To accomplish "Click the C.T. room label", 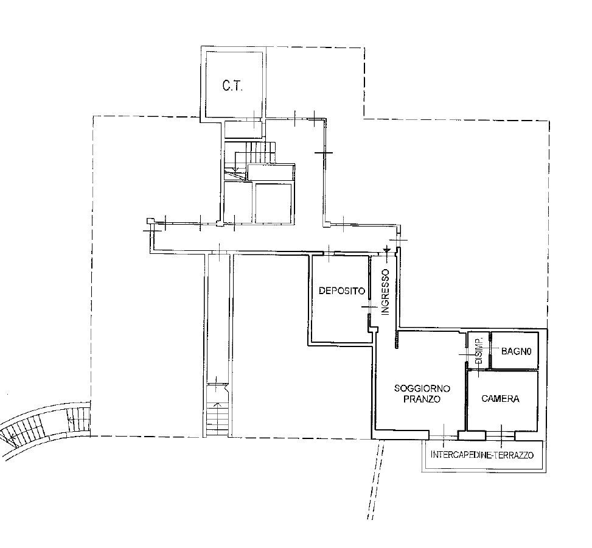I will pyautogui.click(x=232, y=86).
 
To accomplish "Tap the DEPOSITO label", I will pyautogui.click(x=342, y=291).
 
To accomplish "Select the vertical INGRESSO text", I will pyautogui.click(x=385, y=292).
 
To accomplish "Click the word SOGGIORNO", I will pyautogui.click(x=422, y=388).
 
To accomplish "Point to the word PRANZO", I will pyautogui.click(x=422, y=399).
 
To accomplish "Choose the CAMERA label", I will pyautogui.click(x=500, y=399).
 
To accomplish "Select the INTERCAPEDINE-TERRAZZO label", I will pyautogui.click(x=482, y=455).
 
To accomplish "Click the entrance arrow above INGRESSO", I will pyautogui.click(x=387, y=250).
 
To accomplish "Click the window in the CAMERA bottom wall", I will pyautogui.click(x=501, y=435).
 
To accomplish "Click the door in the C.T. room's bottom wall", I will pyautogui.click(x=255, y=118).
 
